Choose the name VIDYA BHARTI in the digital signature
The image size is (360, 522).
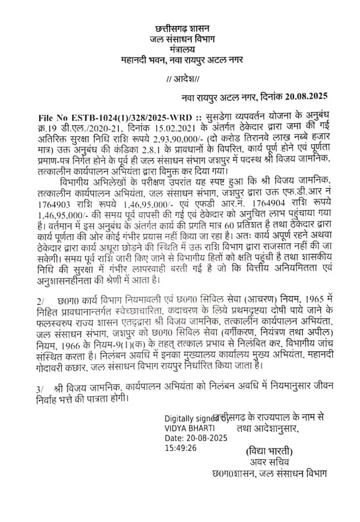(x=190, y=427)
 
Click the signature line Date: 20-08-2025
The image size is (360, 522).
(x=196, y=438)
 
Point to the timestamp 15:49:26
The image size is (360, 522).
(x=179, y=448)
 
